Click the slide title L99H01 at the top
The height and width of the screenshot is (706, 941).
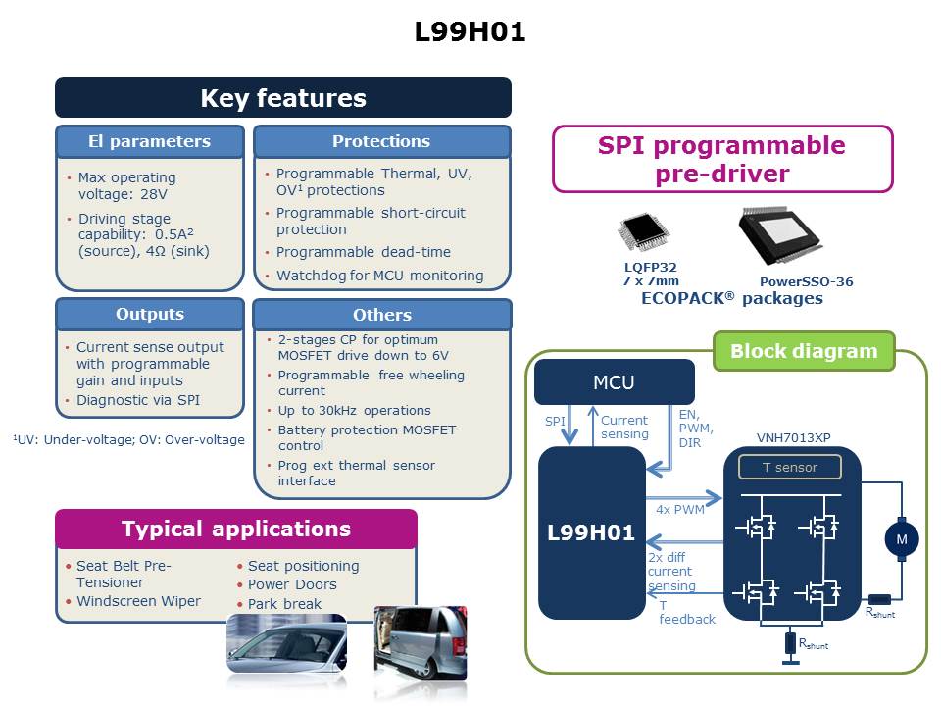coord(470,32)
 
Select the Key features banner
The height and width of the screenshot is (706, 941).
coord(283,98)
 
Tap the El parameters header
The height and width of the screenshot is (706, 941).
coord(149,141)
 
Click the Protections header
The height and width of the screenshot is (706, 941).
coord(381,141)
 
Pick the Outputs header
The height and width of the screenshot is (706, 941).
coord(149,314)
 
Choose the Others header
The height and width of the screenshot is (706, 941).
coord(381,315)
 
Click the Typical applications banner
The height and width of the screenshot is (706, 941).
coord(236,529)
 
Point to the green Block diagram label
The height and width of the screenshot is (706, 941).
coord(804,351)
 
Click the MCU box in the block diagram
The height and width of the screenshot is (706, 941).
coord(614,381)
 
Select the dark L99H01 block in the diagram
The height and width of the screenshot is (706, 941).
coord(590,534)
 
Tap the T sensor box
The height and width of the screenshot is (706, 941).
coord(790,467)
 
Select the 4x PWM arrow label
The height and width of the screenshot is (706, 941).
coord(681,508)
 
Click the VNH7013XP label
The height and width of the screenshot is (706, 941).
coord(791,436)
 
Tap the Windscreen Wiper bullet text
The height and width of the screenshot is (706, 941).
coord(138,601)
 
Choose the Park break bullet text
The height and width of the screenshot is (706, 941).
coord(284,604)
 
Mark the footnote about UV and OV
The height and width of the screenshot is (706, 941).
coord(128,439)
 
